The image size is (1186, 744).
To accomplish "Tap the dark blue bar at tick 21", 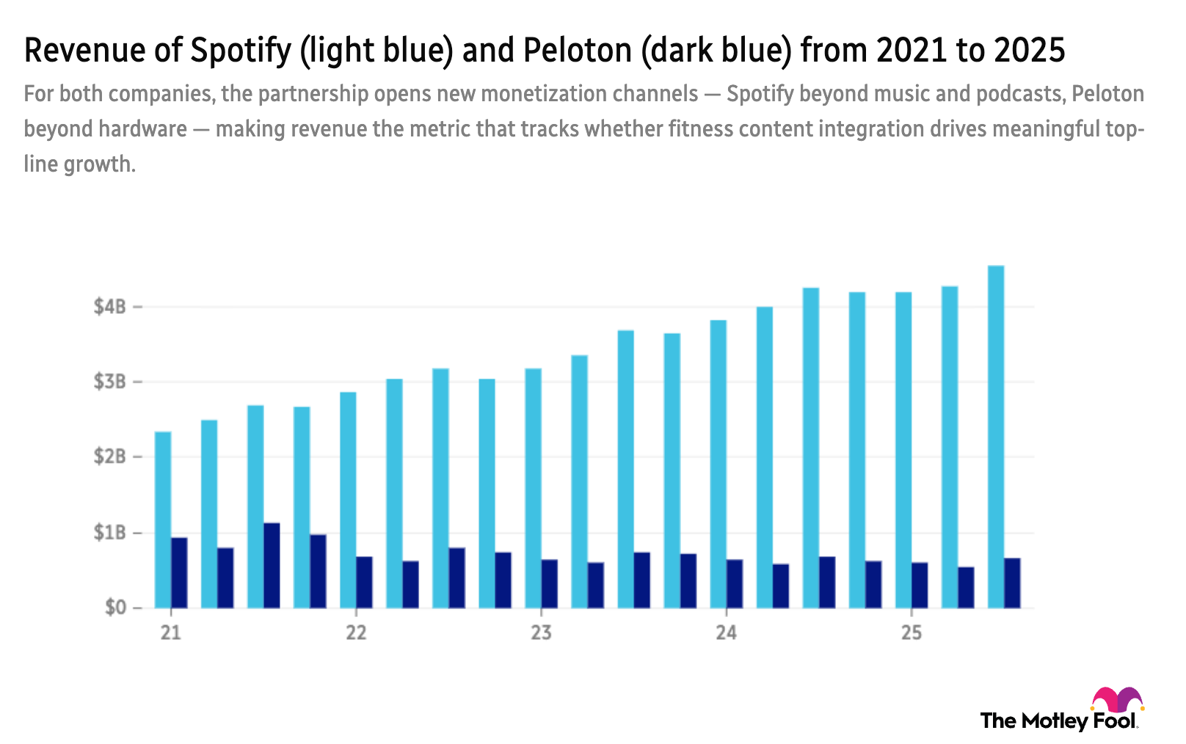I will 180,572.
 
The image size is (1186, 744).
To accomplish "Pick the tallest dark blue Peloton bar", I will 272,565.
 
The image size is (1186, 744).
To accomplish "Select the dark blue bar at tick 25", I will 921,585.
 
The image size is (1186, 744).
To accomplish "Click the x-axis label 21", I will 171,632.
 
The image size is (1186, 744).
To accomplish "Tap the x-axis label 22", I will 356,632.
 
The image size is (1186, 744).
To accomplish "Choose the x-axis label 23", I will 541,632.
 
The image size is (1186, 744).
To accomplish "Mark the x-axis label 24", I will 726,632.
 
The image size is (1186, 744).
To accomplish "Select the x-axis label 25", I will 911,632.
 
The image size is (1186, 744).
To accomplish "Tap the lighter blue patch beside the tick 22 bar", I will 371,423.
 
